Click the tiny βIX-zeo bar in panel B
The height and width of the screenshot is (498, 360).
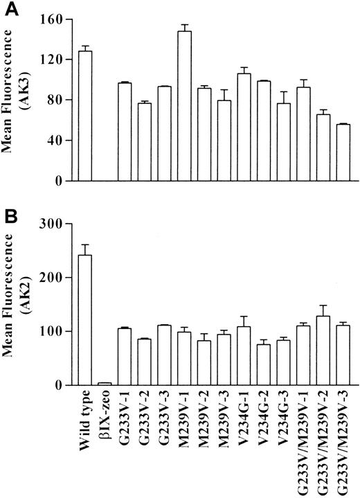[105, 384]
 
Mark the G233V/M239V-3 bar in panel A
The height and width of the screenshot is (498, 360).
[342, 152]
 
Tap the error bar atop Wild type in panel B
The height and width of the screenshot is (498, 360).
[86, 249]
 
